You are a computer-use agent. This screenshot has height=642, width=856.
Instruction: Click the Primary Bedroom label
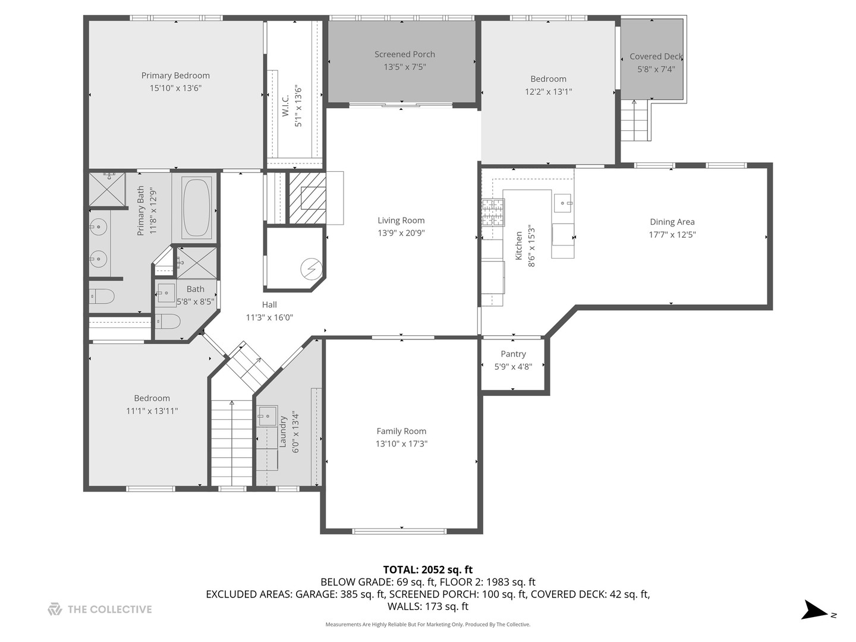(x=175, y=75)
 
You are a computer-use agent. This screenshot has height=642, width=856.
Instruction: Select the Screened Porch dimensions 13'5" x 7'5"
(x=404, y=67)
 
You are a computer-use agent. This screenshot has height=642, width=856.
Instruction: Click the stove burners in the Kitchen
(x=492, y=213)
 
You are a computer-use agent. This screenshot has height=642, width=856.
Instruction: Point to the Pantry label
(x=513, y=354)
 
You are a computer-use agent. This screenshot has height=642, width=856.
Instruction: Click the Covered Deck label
(x=656, y=56)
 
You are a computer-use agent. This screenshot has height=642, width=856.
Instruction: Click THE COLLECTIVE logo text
(x=109, y=609)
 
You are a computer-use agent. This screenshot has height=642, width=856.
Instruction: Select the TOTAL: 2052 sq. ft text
(x=427, y=569)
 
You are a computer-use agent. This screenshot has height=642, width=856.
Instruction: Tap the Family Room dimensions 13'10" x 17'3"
(x=401, y=444)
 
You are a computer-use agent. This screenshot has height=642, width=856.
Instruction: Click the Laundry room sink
(x=267, y=416)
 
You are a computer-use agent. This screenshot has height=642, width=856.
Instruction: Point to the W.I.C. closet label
(x=286, y=106)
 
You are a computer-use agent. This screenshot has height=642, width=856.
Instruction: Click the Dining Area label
(x=672, y=222)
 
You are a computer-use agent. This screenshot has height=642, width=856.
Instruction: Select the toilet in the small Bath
(x=169, y=322)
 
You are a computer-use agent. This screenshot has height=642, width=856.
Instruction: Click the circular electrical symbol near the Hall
(x=309, y=269)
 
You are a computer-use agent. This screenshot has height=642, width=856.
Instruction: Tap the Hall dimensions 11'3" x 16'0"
(x=269, y=317)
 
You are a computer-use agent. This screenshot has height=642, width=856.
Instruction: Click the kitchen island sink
(x=563, y=203)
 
